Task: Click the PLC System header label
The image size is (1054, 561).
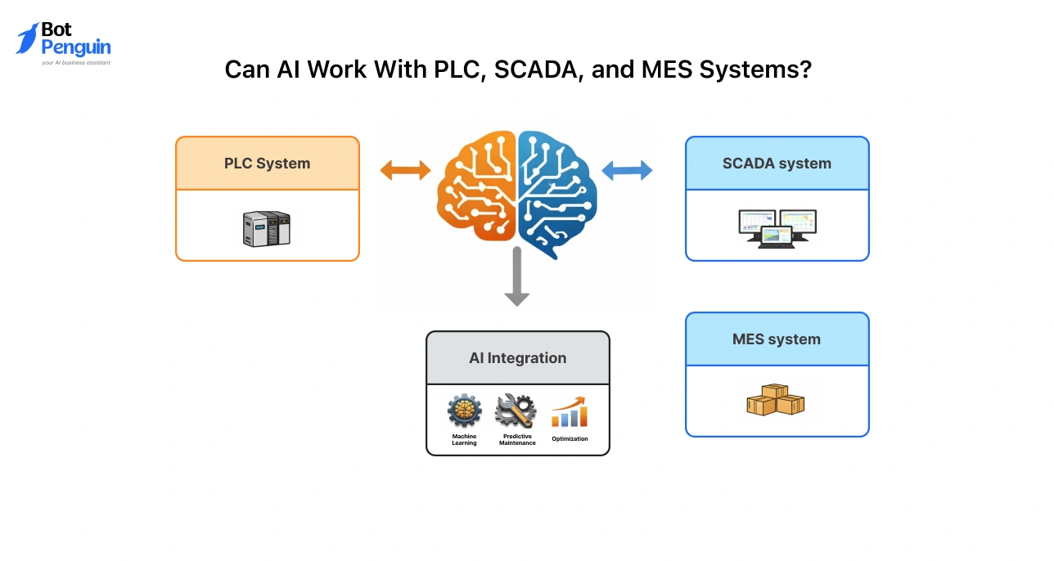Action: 267,164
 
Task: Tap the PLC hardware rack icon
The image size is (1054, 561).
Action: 267,228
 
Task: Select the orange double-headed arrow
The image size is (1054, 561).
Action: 405,170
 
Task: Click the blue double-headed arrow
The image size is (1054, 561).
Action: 627,170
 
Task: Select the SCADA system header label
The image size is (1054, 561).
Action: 777,164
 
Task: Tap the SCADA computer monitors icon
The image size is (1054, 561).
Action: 777,228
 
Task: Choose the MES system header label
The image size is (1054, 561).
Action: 777,339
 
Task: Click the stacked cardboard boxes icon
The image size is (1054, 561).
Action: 775,401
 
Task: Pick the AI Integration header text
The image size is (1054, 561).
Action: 517,358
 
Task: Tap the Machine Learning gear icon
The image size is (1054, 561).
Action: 464,411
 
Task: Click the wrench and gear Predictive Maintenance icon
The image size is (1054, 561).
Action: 516,411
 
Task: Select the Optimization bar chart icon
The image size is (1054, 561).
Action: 570,412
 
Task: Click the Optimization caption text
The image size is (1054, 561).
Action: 570,439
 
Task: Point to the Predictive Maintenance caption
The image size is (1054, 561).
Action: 517,439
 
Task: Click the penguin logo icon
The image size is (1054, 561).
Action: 27,38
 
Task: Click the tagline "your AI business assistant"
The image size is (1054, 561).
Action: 76,62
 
